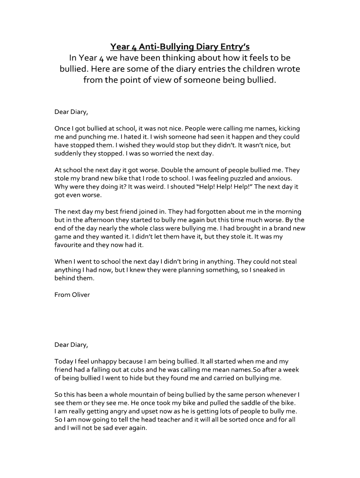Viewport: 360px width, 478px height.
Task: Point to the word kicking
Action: coord(289,128)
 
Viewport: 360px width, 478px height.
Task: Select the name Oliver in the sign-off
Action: coord(80,295)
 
